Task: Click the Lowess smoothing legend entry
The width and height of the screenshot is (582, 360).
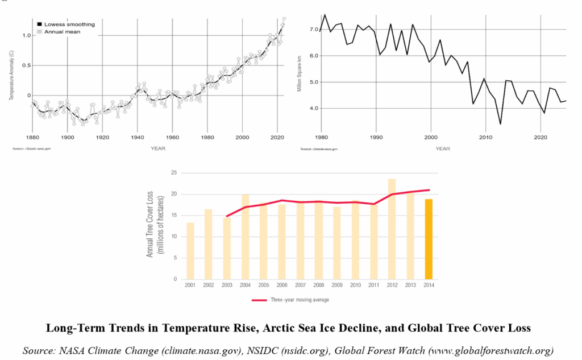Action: tap(65, 24)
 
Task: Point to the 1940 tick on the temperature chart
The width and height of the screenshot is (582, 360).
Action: tap(138, 138)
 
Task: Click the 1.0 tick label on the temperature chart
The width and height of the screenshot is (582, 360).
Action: tap(24, 35)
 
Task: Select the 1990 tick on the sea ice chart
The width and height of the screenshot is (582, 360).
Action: tap(376, 138)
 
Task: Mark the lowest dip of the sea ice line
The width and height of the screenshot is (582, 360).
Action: tap(500, 123)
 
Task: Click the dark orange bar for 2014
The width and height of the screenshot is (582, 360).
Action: tap(429, 239)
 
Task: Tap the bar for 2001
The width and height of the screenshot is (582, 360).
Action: tap(190, 251)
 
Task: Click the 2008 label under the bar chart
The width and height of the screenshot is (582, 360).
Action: tap(318, 285)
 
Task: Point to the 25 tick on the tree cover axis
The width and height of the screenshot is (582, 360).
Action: tap(174, 172)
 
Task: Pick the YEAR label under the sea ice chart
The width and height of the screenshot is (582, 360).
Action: tap(443, 148)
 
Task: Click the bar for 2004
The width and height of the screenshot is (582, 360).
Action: tap(245, 237)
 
